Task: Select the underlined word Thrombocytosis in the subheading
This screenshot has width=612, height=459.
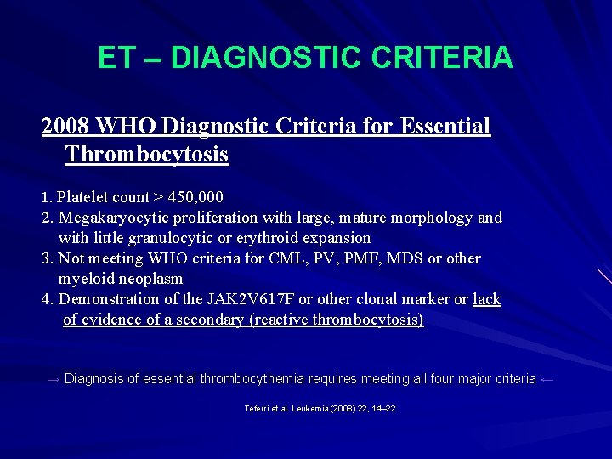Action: click(146, 155)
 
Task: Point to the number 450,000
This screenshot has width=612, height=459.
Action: click(195, 197)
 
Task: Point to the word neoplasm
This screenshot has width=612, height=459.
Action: click(150, 279)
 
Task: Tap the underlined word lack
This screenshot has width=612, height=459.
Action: click(487, 299)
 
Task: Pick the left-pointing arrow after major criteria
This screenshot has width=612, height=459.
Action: click(547, 379)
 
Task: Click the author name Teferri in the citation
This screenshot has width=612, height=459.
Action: click(257, 409)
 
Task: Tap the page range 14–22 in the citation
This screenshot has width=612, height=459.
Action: click(384, 409)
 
